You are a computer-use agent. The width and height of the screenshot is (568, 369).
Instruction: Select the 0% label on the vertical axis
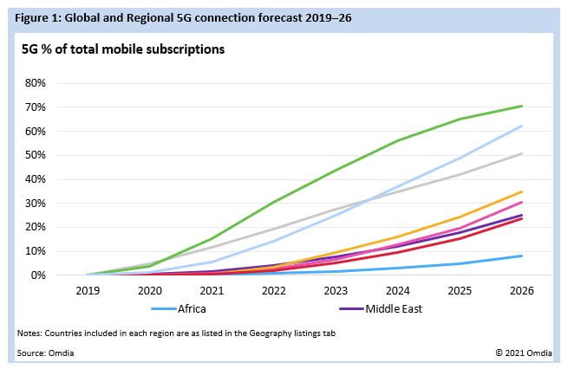(x=48, y=275)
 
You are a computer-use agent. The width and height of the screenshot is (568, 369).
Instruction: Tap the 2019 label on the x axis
(x=89, y=293)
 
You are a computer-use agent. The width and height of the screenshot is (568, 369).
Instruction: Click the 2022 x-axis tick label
(x=273, y=293)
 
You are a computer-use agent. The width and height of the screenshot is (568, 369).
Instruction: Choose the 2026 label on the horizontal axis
(x=519, y=293)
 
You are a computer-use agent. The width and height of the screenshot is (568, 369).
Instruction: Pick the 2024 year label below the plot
(x=396, y=293)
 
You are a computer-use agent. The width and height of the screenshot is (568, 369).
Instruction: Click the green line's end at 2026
(x=521, y=106)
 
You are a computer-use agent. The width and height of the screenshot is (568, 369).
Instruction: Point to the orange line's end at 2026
(x=521, y=191)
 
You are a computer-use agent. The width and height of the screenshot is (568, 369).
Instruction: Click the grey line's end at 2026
(x=521, y=153)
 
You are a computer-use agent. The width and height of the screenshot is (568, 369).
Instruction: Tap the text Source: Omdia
(x=43, y=352)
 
